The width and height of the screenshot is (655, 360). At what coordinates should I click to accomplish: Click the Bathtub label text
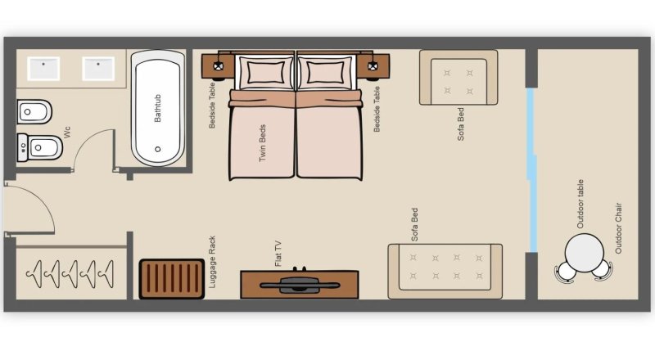[157, 108]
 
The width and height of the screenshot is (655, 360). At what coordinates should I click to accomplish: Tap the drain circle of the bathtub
[157, 149]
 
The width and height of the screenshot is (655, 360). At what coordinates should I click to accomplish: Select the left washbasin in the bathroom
[43, 69]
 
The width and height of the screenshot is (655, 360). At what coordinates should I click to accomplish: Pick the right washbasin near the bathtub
[98, 69]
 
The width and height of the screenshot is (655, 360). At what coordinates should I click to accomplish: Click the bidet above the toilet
[34, 112]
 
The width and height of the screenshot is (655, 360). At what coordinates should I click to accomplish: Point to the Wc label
[67, 132]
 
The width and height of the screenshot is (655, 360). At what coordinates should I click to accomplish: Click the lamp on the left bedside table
[218, 66]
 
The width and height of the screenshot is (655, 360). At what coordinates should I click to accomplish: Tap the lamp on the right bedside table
[373, 66]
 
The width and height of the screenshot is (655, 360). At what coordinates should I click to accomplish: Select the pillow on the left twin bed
[264, 72]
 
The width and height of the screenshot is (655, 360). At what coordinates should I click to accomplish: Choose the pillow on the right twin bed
[325, 72]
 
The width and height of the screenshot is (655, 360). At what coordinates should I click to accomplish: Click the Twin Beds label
[262, 143]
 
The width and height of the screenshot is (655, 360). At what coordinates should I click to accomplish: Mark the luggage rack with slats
[172, 279]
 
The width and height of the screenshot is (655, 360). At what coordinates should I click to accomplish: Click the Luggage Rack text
[212, 262]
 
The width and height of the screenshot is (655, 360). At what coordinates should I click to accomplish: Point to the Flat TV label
[278, 254]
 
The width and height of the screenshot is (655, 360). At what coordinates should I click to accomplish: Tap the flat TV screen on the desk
[300, 286]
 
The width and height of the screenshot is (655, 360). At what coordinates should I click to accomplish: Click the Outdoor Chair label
[618, 228]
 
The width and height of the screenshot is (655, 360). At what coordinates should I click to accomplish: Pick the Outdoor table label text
[580, 204]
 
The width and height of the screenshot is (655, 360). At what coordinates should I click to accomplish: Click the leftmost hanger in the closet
[34, 274]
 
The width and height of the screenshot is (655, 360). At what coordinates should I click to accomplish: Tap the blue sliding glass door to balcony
[531, 170]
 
